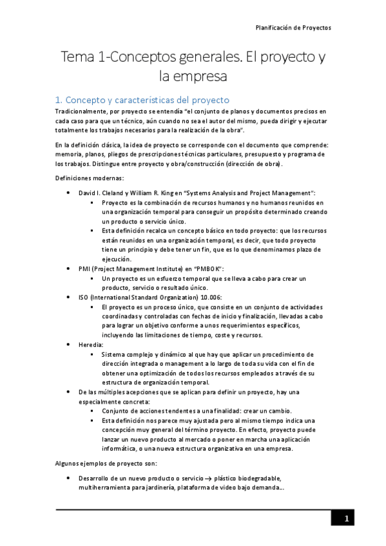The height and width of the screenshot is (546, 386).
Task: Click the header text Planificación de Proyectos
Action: pyautogui.click(x=293, y=29)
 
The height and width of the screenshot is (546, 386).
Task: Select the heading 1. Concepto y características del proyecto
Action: pyautogui.click(x=142, y=100)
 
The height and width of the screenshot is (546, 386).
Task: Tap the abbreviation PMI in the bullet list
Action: pyautogui.click(x=84, y=268)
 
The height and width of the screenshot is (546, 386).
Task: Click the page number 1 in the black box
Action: pyautogui.click(x=346, y=519)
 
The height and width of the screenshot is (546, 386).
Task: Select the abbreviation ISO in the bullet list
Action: pyautogui.click(x=84, y=297)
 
